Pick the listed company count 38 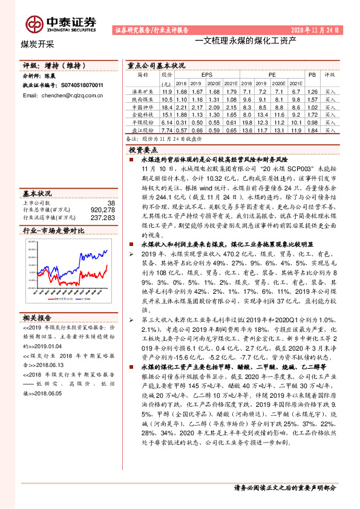[x=110, y=203]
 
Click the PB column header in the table [x=312, y=75]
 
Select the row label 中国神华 [x=142, y=106]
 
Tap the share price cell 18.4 [x=167, y=106]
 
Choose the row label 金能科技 [x=142, y=114]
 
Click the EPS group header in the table [x=206, y=75]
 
